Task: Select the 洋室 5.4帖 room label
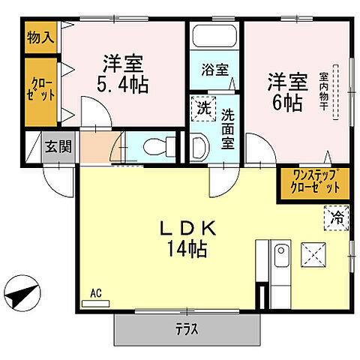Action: tap(124, 73)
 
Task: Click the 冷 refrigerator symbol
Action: tap(337, 220)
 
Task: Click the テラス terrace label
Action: tap(186, 327)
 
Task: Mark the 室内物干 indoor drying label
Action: tap(324, 90)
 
